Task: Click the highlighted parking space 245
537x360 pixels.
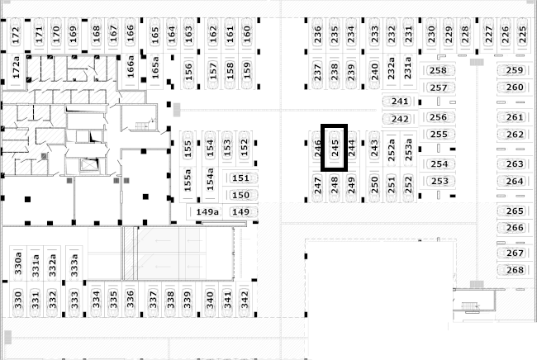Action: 335,148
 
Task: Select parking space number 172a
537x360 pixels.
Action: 16,71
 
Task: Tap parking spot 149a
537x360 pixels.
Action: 207,212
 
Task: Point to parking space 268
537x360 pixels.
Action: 515,270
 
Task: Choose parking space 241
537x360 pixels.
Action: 400,102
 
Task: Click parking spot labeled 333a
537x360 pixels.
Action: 74,264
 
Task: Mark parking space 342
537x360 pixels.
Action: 245,300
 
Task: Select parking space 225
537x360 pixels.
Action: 522,35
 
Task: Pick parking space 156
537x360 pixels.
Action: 188,72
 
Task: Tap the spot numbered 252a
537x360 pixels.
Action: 392,149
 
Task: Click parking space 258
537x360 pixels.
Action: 438,70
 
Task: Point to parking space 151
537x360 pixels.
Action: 240,178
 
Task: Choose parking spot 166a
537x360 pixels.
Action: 131,71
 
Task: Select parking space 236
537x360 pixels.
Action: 318,35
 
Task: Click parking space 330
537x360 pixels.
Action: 18,300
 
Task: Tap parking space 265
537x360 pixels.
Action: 515,211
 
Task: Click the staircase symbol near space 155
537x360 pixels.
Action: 142,126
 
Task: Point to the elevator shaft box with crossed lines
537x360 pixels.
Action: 89,164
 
